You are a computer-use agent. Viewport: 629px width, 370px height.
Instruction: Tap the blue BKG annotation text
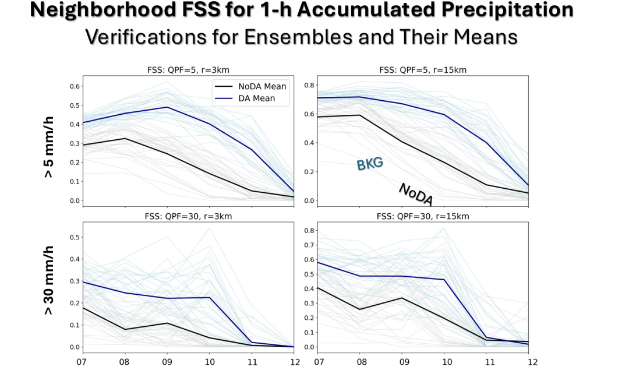pos(370,164)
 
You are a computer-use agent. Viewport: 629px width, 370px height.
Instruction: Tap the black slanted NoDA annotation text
pos(416,194)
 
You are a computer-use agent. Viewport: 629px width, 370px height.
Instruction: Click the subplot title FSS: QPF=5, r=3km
pos(189,71)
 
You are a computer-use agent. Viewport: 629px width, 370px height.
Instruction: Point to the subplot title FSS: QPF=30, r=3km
pos(189,216)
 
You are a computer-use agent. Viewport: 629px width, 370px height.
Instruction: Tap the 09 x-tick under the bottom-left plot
pos(167,362)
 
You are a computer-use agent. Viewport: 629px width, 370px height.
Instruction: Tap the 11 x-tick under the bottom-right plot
pos(489,362)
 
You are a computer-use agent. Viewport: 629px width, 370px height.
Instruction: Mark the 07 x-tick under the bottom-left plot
pos(83,362)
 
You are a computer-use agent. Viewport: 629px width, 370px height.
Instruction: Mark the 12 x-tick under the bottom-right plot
pos(531,362)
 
